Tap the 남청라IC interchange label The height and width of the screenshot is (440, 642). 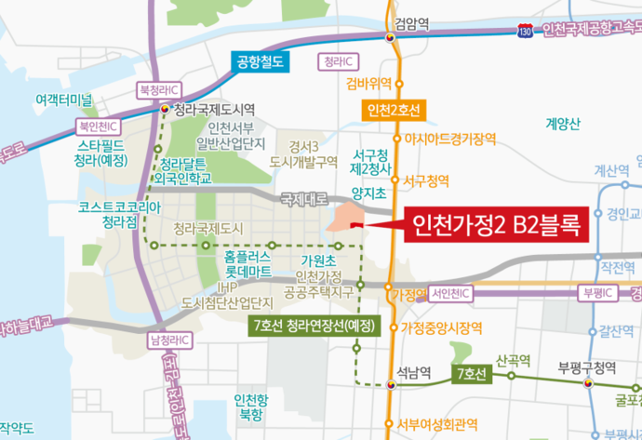click(x=167, y=340)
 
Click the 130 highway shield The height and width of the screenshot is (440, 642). click(x=527, y=31)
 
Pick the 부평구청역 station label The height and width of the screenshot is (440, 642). click(x=582, y=366)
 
